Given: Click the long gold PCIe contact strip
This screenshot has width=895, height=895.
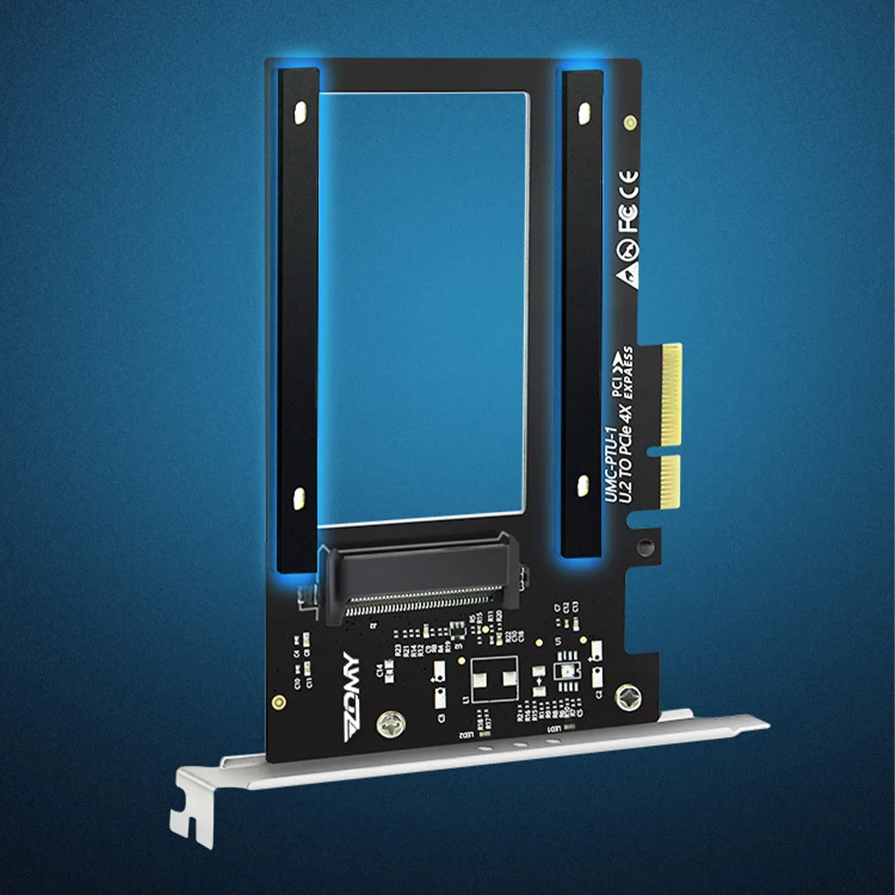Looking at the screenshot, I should coord(670,393).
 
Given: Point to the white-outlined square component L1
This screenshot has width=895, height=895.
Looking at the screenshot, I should coord(494,677).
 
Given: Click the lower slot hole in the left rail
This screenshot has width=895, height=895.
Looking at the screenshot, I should coord(298,497).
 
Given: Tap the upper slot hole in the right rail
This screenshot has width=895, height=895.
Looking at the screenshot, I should coord(583,112).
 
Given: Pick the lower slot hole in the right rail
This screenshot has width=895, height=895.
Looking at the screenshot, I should coord(580,482).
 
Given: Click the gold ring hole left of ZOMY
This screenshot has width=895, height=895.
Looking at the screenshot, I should coord(278,702).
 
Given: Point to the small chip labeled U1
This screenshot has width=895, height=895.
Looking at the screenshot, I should coord(564,670).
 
